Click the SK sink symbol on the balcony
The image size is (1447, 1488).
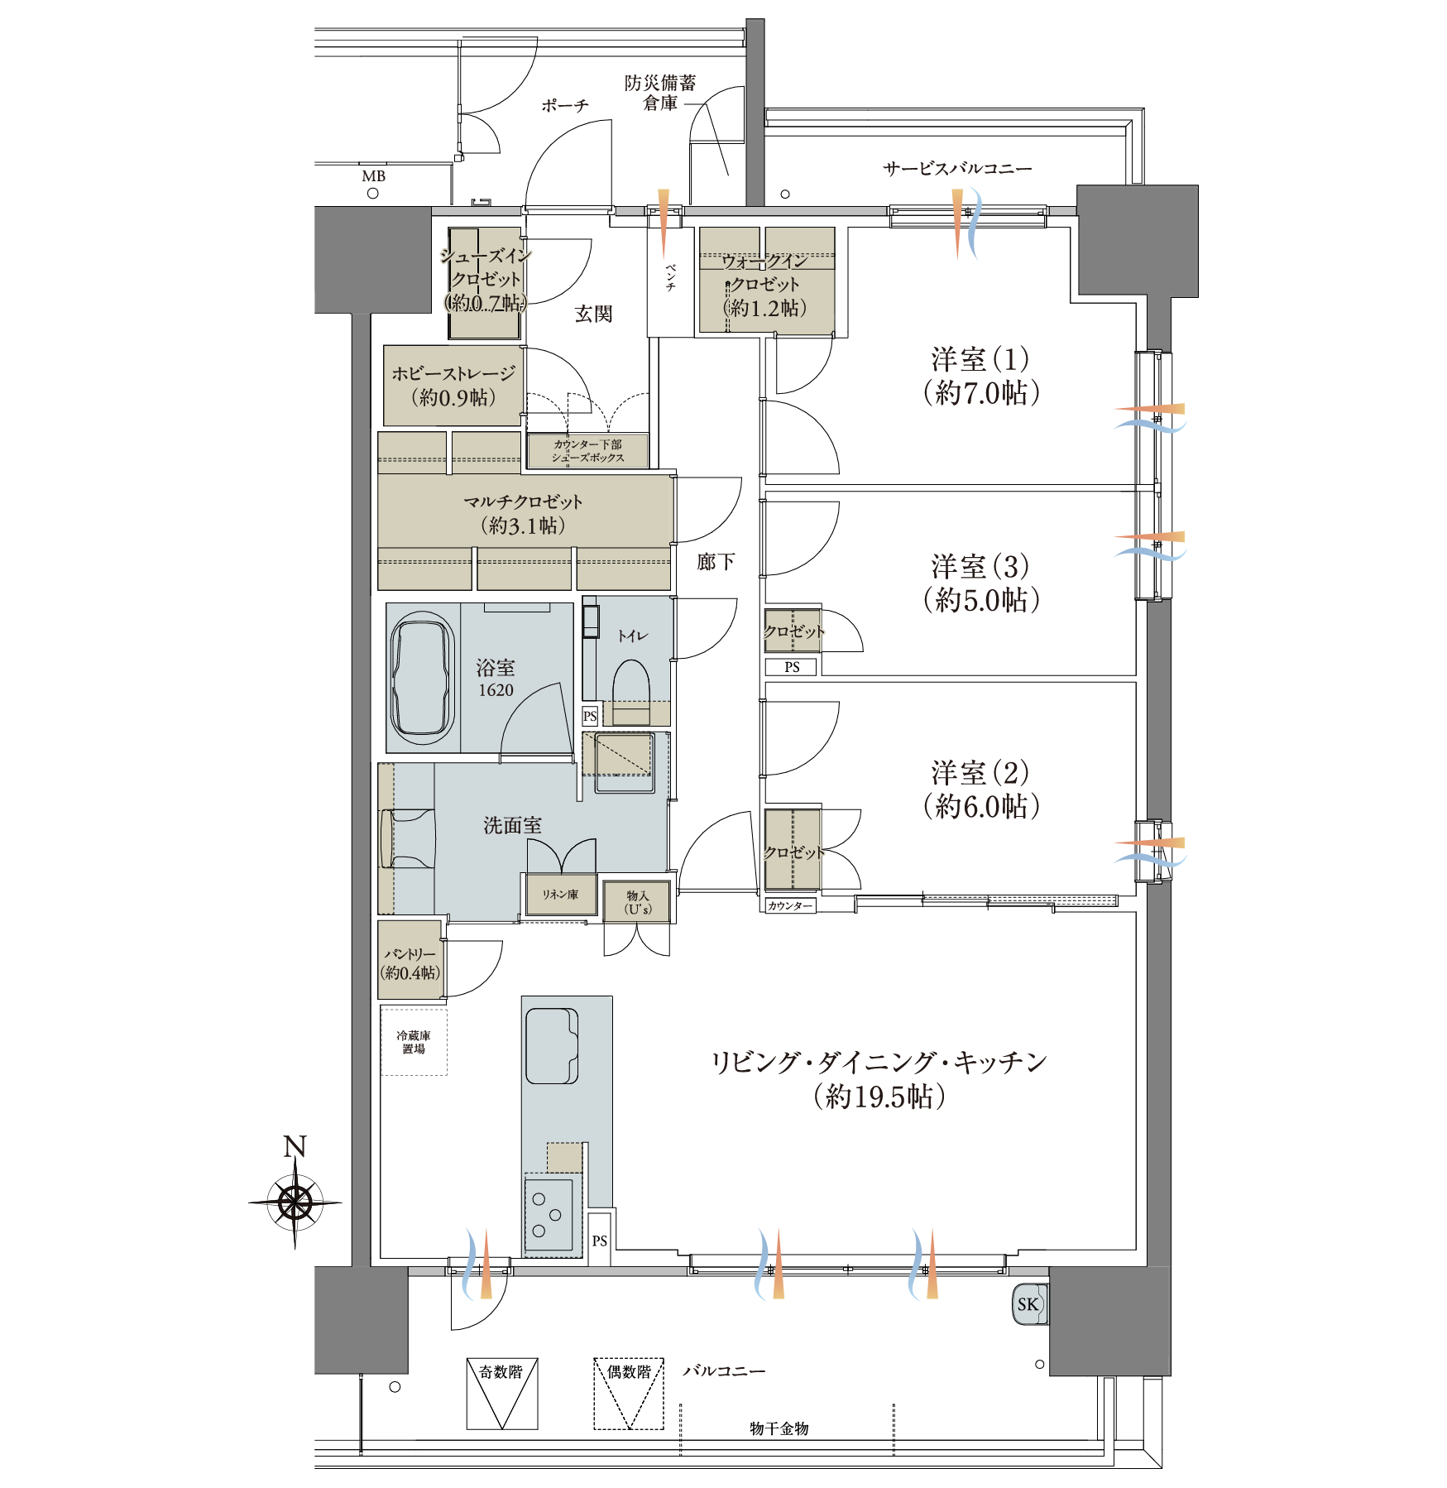(1030, 1304)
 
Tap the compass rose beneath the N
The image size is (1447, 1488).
(295, 1202)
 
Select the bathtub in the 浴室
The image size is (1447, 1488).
(423, 678)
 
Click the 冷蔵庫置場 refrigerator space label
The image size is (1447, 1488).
(414, 1042)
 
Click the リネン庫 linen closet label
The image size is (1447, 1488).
(560, 895)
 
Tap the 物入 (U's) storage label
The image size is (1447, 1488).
(638, 902)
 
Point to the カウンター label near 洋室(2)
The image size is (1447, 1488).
(789, 906)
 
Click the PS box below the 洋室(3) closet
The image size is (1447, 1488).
(792, 667)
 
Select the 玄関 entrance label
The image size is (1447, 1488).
(594, 314)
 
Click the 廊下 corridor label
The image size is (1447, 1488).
(716, 562)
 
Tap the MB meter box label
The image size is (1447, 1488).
(374, 176)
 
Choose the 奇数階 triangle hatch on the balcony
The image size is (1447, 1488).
(502, 1394)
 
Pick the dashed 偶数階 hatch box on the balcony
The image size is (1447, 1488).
(629, 1394)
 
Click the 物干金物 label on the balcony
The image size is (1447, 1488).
(779, 1428)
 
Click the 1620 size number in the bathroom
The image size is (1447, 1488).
(496, 690)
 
